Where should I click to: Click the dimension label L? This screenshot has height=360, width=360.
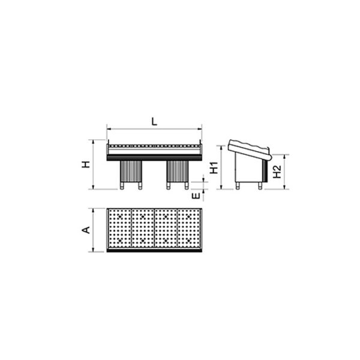pos(155,121)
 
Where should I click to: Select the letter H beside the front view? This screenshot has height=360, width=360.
pos(86,164)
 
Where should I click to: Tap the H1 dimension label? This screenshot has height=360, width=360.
pos(214,167)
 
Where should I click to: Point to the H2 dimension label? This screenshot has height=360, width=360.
pos(277,172)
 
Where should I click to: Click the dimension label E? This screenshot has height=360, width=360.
pos(196,196)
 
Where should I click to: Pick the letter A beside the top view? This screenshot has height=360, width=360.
pos(86,230)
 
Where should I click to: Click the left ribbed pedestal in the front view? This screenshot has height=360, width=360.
pos(131,171)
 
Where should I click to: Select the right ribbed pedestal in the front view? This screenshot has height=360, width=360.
pos(178,171)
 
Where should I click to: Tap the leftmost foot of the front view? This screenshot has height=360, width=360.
pos(122,186)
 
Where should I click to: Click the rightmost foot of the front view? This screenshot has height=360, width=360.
pos(187,186)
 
